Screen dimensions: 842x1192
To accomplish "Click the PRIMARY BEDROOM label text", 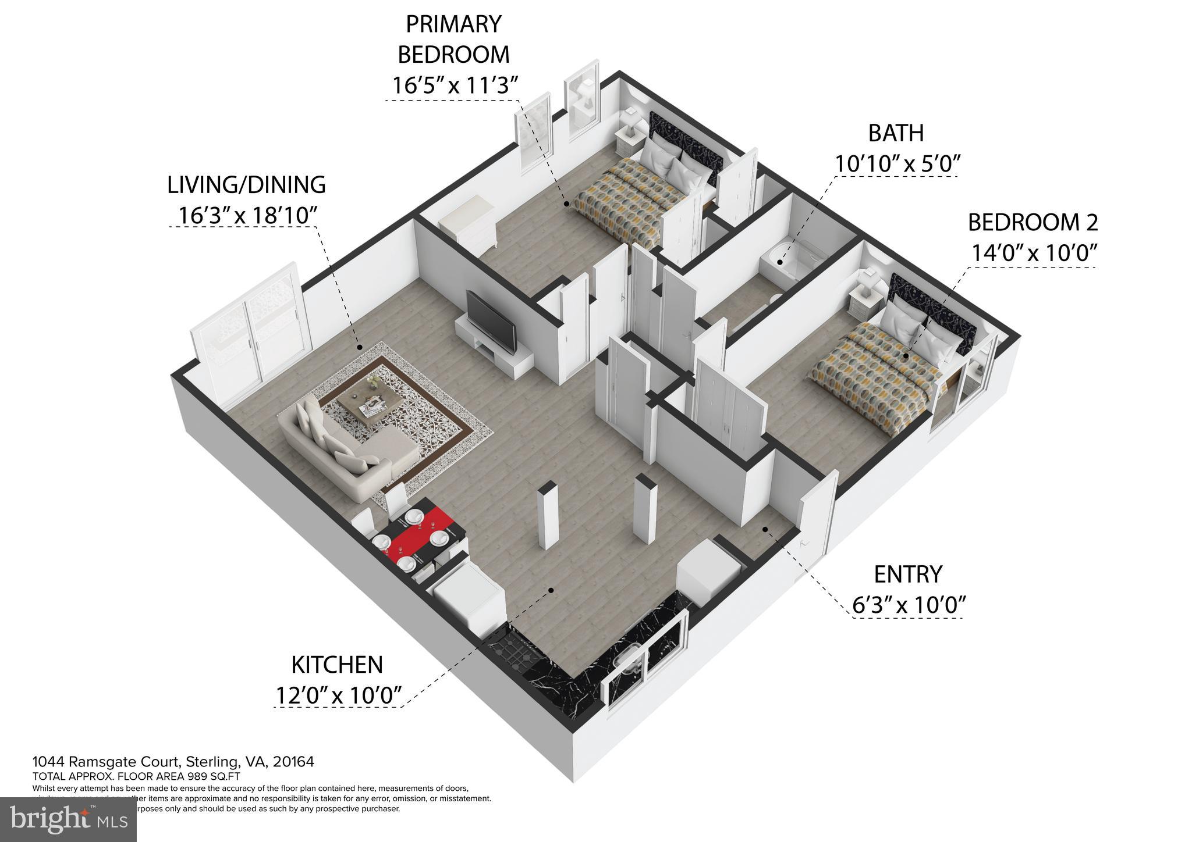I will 453,39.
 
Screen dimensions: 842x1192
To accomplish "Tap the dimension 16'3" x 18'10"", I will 247,215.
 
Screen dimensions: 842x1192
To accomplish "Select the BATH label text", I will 896,133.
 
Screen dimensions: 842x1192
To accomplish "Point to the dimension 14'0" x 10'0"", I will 1034,254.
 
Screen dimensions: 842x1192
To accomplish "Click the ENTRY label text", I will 907,575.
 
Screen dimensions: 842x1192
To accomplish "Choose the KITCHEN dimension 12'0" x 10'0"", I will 339,695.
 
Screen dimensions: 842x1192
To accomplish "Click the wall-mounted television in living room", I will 491,322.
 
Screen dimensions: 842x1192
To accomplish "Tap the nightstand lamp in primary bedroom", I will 629,122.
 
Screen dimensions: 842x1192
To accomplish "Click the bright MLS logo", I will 68,819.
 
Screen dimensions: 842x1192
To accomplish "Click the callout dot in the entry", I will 765,529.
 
